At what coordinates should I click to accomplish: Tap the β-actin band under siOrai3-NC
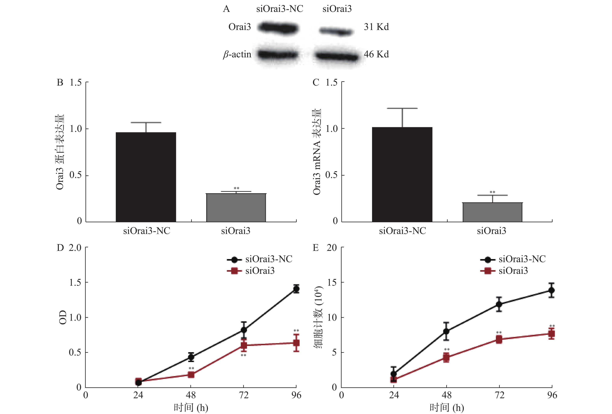pyautogui.click(x=278, y=55)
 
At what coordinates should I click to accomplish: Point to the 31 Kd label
pyautogui.click(x=376, y=27)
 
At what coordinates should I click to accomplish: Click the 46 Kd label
pyautogui.click(x=376, y=54)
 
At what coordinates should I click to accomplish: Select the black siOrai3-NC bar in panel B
pyautogui.click(x=146, y=177)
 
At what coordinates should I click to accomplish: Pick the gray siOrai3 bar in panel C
pyautogui.click(x=492, y=212)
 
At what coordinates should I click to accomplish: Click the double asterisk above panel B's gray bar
pyautogui.click(x=236, y=188)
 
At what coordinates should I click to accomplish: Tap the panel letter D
pyautogui.click(x=60, y=248)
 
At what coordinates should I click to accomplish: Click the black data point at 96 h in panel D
pyautogui.click(x=296, y=289)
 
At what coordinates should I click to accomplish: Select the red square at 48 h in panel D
pyautogui.click(x=191, y=375)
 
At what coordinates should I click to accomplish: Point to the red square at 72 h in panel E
pyautogui.click(x=499, y=339)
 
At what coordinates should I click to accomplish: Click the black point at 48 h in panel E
pyautogui.click(x=446, y=331)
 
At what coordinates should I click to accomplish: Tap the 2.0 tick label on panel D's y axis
pyautogui.click(x=75, y=248)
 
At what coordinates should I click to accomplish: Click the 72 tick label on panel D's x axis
pyautogui.click(x=244, y=395)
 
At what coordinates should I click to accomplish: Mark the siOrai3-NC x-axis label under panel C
pyautogui.click(x=402, y=231)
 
